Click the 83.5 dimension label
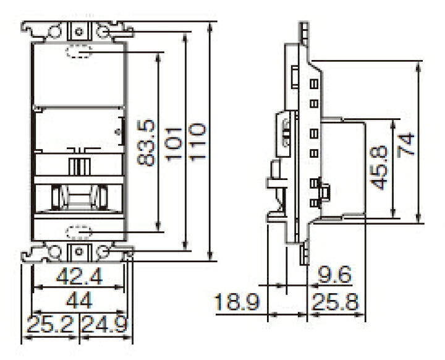pyautogui.click(x=146, y=143)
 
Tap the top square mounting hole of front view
pyautogui.click(x=78, y=29)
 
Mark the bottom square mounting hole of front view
pyautogui.click(x=78, y=251)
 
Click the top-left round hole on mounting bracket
pyautogui.click(x=56, y=29)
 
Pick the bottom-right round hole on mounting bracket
pyautogui.click(x=103, y=251)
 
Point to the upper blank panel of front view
pyautogui.click(x=78, y=77)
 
